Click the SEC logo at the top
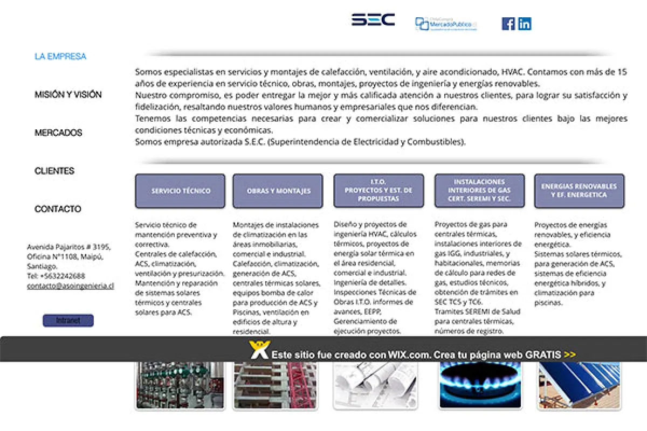coord(373,20)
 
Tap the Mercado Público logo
coord(446,24)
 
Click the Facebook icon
coord(508,24)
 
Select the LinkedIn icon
coord(525,24)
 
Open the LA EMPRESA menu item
coord(60,57)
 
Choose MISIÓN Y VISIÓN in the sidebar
coord(68,95)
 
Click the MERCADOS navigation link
coord(58,133)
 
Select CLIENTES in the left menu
coord(54,171)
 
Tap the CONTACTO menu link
coord(58,209)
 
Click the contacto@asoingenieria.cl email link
coord(71,286)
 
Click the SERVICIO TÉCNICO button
coord(180,191)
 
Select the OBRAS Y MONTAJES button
coord(278,191)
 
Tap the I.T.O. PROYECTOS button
coord(378,191)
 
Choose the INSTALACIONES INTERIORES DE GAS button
coord(479,191)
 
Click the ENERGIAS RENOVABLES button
coord(579,191)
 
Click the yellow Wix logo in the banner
coord(259,350)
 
